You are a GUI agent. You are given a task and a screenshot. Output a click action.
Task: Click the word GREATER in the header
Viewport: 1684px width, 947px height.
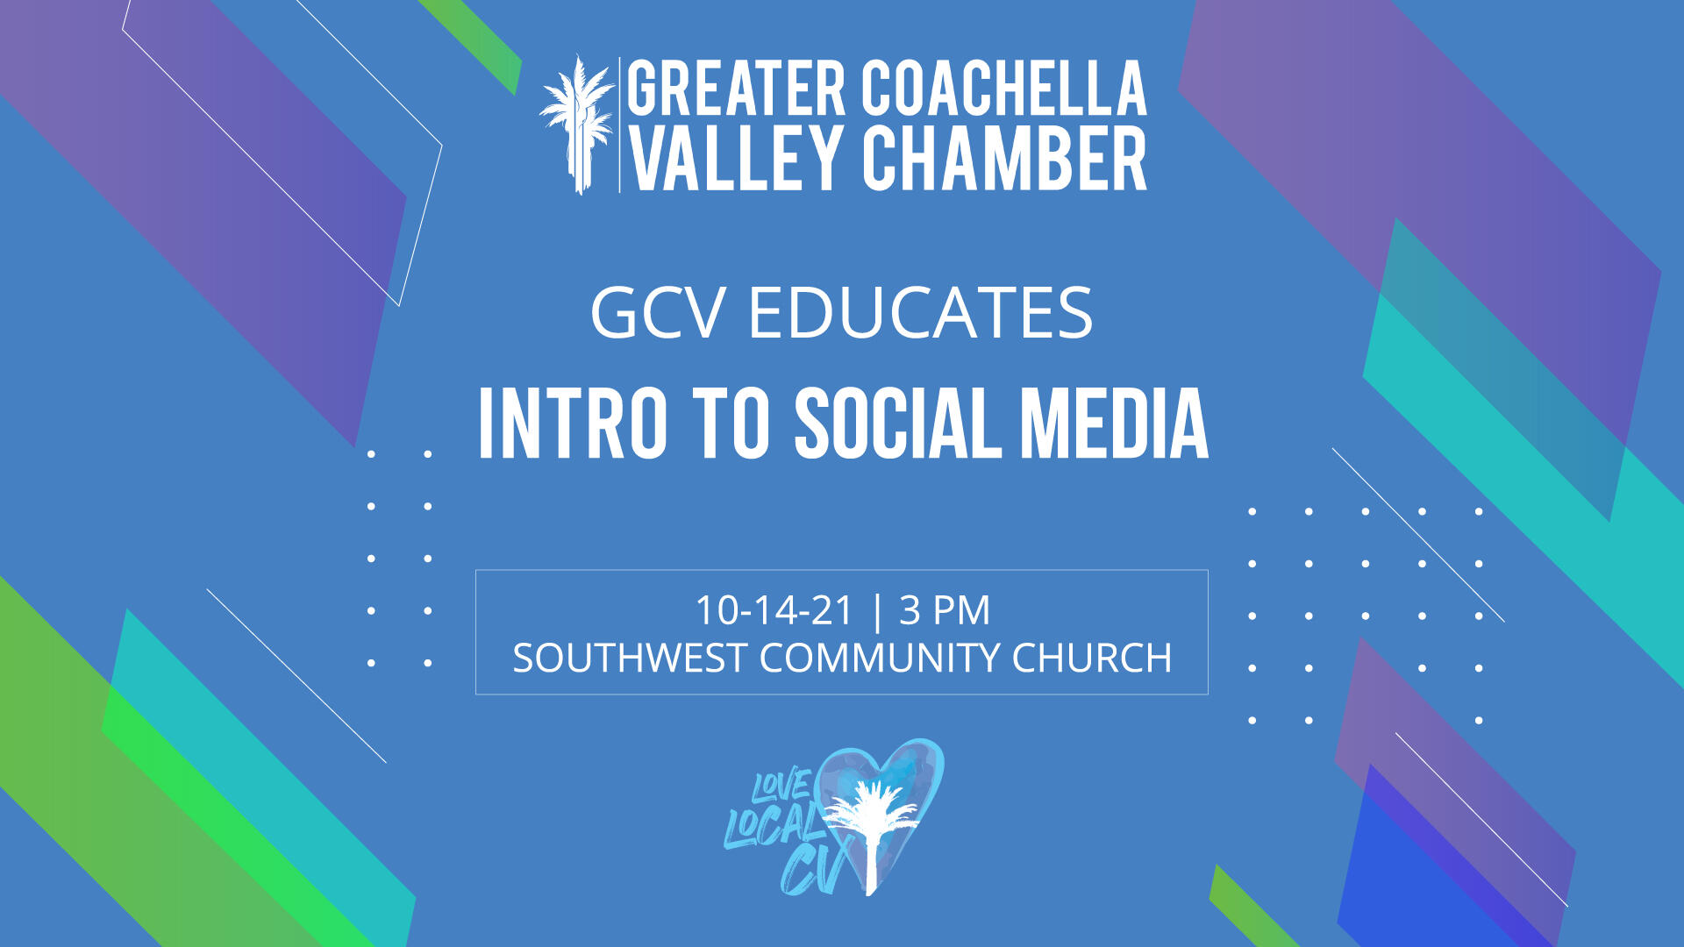click(736, 89)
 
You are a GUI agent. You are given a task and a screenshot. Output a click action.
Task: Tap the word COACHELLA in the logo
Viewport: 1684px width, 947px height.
click(1004, 89)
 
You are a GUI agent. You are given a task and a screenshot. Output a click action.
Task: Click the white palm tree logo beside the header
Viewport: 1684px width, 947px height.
click(577, 125)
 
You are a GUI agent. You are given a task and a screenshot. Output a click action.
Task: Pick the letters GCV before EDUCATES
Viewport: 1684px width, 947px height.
click(659, 313)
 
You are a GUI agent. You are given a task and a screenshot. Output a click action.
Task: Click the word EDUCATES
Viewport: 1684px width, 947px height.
click(920, 313)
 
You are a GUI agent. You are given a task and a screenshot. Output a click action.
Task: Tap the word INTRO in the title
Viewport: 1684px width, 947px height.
click(573, 424)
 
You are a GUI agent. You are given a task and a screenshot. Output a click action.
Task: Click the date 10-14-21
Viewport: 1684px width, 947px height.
click(774, 610)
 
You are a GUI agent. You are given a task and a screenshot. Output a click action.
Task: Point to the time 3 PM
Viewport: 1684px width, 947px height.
click(945, 610)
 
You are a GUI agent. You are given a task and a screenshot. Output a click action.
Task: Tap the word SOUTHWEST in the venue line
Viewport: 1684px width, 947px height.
click(629, 658)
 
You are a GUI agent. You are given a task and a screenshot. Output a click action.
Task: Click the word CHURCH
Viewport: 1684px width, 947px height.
click(1092, 658)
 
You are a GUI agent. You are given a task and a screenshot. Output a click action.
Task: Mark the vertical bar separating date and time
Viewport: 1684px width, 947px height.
click(876, 611)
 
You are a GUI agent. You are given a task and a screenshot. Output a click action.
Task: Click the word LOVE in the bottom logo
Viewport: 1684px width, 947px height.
click(780, 785)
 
